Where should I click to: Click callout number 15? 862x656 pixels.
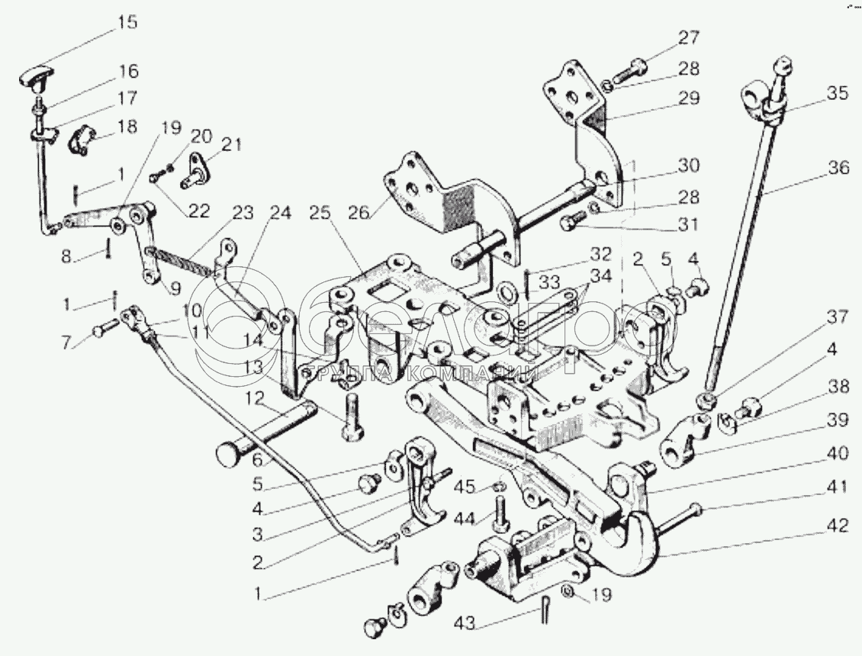[127, 23]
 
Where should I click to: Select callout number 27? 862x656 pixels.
[690, 38]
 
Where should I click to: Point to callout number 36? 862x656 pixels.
[839, 167]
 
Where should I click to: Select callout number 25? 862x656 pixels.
[320, 212]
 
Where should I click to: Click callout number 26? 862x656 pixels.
[359, 212]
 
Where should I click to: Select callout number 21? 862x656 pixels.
[231, 145]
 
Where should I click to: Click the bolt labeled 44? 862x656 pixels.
[500, 514]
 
